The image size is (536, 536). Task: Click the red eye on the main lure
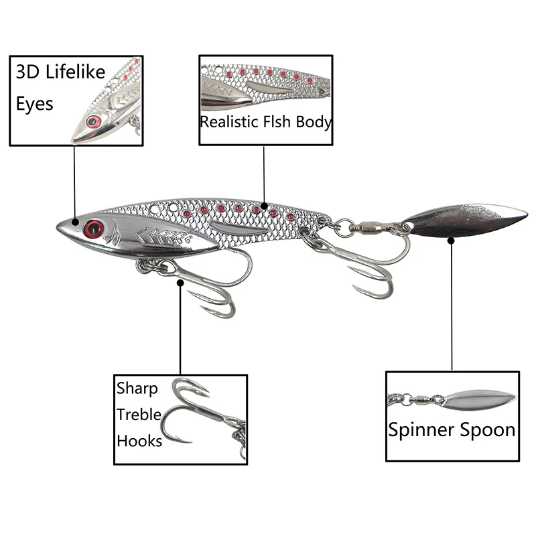point(94,229)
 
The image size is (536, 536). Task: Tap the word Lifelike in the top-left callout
point(75,72)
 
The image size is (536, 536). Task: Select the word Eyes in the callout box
point(35,105)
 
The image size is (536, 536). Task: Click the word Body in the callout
point(314,123)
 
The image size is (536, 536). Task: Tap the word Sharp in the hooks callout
point(137,389)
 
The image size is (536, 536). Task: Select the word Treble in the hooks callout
point(139,415)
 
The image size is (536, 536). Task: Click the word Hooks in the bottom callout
point(139,441)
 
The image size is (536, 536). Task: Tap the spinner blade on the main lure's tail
point(465,220)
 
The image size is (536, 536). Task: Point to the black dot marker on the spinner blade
point(451,241)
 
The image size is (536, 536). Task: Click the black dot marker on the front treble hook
point(180,283)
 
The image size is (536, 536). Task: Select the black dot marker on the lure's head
point(75,222)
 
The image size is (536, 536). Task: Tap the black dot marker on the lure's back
point(264,206)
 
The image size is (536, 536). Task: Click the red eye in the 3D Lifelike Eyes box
point(93,121)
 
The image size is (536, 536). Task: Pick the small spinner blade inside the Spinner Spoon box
point(478,401)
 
